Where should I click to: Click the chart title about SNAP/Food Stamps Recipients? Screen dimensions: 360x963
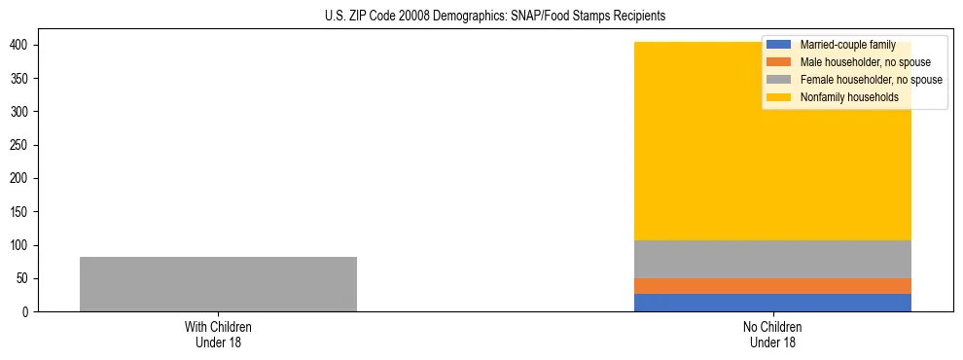pyautogui.click(x=494, y=17)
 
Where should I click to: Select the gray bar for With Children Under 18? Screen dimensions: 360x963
pyautogui.click(x=218, y=284)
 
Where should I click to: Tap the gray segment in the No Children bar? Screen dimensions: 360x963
pyautogui.click(x=772, y=259)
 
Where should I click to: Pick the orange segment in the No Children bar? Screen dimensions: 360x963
pyautogui.click(x=772, y=286)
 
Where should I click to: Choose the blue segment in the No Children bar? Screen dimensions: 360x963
pyautogui.click(x=772, y=303)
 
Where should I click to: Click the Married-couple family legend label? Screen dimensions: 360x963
pyautogui.click(x=847, y=45)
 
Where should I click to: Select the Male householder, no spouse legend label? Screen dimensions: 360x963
pyautogui.click(x=865, y=62)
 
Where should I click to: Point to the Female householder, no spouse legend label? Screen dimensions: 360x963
pyautogui.click(x=871, y=80)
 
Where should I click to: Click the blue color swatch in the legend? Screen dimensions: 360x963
pyautogui.click(x=778, y=45)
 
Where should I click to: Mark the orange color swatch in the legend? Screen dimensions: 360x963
pyautogui.click(x=778, y=62)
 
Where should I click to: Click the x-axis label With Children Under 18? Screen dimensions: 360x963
pyautogui.click(x=218, y=334)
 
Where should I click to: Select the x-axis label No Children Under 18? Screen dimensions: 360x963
pyautogui.click(x=772, y=334)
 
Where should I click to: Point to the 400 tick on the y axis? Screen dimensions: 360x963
pyautogui.click(x=19, y=46)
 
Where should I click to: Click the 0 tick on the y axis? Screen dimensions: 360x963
pyautogui.click(x=26, y=312)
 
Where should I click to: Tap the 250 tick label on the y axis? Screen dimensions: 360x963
pyautogui.click(x=19, y=146)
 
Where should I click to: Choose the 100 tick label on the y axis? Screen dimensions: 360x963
pyautogui.click(x=19, y=245)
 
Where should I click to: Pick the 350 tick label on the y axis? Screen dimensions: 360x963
pyautogui.click(x=19, y=79)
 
